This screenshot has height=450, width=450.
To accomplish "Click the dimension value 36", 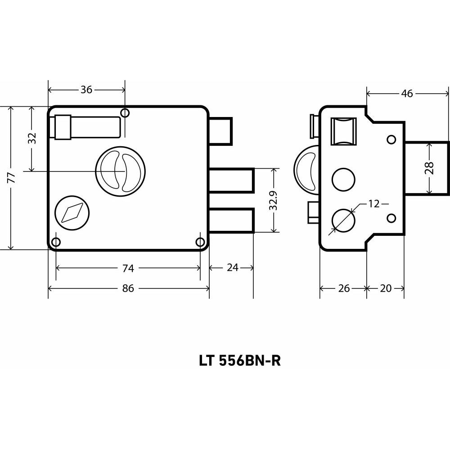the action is pos(86,90).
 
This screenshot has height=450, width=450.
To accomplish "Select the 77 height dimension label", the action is pos(11,178).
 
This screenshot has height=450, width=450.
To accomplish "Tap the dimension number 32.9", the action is pos(274,200).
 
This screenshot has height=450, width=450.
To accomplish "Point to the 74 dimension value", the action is pos(128,268).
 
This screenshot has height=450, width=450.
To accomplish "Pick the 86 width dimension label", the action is pos(128,288).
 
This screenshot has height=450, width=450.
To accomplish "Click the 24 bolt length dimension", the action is pos(233,267).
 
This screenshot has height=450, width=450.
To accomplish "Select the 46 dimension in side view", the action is pos(407,94).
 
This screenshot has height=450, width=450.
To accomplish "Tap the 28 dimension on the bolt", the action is pos(430,168).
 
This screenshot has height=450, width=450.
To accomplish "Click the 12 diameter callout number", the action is pos(373,204).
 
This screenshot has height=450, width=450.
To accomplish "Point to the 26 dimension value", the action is pos(344,288).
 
